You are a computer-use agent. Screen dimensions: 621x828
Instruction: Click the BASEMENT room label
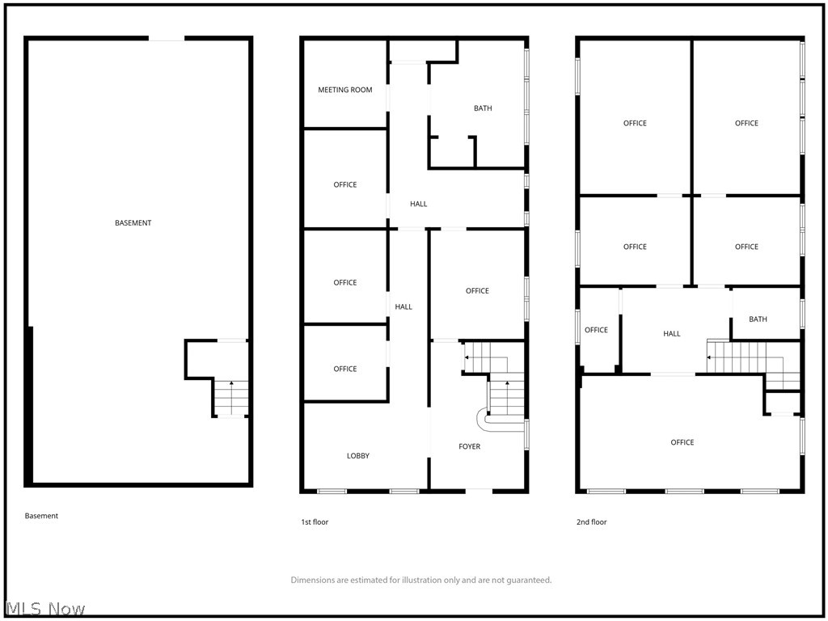(133, 223)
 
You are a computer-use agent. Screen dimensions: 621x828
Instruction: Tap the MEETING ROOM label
(345, 90)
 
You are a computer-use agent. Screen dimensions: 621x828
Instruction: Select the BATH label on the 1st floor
(483, 108)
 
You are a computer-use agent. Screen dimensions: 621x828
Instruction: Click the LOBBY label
(358, 456)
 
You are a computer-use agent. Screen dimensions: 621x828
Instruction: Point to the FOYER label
(470, 446)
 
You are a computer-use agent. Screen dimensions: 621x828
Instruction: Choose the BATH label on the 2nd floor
(758, 319)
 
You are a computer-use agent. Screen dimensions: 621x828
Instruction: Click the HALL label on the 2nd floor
(672, 334)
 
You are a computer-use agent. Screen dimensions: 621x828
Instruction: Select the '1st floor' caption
(315, 522)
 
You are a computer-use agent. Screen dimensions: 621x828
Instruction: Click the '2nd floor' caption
(591, 522)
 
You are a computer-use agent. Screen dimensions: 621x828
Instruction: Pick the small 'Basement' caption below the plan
(41, 516)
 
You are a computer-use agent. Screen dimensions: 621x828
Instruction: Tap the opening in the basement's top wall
(167, 38)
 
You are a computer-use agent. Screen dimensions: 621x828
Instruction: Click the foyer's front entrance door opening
(479, 490)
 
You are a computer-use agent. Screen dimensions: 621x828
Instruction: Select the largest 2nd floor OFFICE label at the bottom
(682, 442)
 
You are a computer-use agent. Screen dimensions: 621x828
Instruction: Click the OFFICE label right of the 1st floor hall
(477, 291)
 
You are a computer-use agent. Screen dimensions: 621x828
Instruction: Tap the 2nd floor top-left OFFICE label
(635, 124)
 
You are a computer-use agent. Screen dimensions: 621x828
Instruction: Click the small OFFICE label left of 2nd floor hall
(596, 330)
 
